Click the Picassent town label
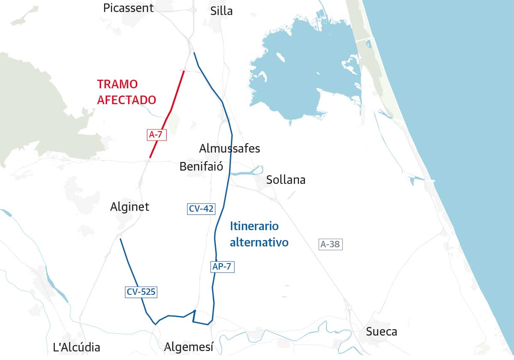pyautogui.click(x=128, y=8)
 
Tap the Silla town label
pyautogui.click(x=221, y=11)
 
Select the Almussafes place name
pyautogui.click(x=230, y=149)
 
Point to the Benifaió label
pyautogui.click(x=201, y=166)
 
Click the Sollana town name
pyautogui.click(x=286, y=180)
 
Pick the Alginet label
pyautogui.click(x=129, y=207)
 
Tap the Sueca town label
pyautogui.click(x=381, y=331)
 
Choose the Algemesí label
pyautogui.click(x=189, y=347)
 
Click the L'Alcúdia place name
pyautogui.click(x=76, y=347)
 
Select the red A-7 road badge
pyautogui.click(x=155, y=135)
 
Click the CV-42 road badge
pyautogui.click(x=201, y=209)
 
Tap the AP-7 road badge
pyautogui.click(x=222, y=267)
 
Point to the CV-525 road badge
pyautogui.click(x=141, y=292)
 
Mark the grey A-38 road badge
pyautogui.click(x=330, y=244)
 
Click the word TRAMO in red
pyautogui.click(x=117, y=84)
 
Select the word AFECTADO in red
pyautogui.click(x=126, y=100)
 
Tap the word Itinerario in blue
pyautogui.click(x=254, y=226)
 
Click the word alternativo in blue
pyautogui.click(x=259, y=242)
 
